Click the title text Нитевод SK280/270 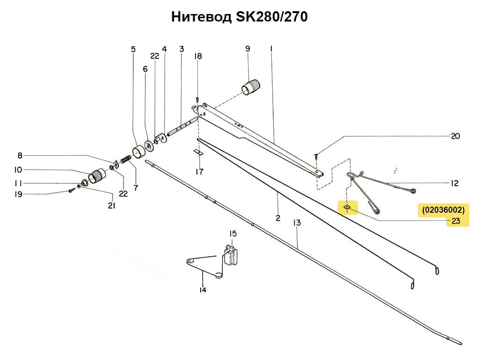239,17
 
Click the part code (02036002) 443,210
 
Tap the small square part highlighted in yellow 347,206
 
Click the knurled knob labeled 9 252,87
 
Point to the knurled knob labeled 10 98,176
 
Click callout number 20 455,137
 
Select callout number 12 454,183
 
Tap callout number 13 297,223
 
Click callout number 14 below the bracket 203,290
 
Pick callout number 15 232,233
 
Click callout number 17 199,172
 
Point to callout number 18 198,56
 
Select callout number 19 18,194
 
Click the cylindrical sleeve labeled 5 138,152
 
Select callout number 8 20,156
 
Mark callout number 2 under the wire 278,218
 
